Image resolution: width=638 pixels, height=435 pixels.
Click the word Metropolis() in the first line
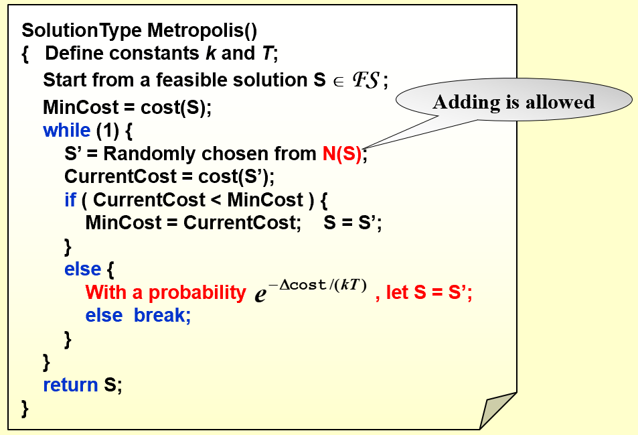coord(202,31)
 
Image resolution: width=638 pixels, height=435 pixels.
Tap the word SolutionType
coord(82,31)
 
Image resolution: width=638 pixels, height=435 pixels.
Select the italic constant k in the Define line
coord(210,53)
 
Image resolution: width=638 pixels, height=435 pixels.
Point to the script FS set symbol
coord(366,80)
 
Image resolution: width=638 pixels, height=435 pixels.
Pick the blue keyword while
coord(67,130)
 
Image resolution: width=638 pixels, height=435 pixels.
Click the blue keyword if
coord(70,200)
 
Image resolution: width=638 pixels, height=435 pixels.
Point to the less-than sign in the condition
coord(216,200)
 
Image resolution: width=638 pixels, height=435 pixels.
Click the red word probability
coord(197,293)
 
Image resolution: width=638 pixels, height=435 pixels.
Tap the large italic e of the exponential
coord(260,294)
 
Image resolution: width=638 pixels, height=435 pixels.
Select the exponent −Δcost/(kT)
coord(317,285)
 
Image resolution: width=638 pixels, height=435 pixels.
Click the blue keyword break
coord(162,315)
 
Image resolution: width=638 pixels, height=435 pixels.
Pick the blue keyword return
coord(71,385)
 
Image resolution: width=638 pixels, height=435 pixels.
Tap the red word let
coord(397,292)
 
